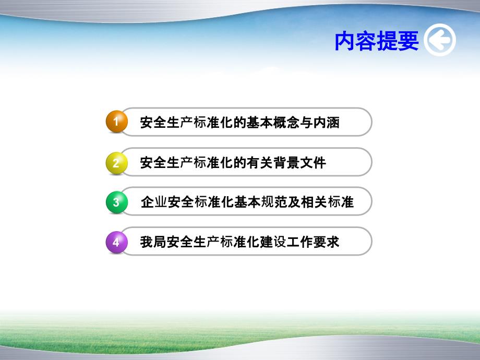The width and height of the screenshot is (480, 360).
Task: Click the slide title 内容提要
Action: tap(376, 41)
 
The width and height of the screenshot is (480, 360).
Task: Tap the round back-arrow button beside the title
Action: tap(440, 41)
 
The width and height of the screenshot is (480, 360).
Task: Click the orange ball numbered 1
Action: tap(116, 122)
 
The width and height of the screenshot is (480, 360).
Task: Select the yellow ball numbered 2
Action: tap(116, 162)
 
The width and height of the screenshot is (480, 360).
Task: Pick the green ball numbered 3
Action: tap(116, 202)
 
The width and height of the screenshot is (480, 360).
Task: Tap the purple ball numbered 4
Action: tap(116, 242)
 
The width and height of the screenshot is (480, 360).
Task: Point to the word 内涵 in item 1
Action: tap(327, 123)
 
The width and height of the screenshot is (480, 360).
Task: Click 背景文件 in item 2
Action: tap(299, 163)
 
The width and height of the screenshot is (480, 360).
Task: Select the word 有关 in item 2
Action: tap(260, 163)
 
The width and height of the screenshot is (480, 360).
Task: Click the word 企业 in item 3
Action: tap(154, 202)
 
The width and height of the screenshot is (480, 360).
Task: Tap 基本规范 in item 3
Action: tap(260, 202)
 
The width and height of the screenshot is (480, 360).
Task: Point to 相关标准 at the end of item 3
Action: tap(327, 202)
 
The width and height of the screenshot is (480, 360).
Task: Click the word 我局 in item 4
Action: tap(153, 243)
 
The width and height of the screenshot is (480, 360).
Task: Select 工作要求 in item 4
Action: tap(313, 243)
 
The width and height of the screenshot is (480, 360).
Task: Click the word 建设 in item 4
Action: tap(273, 243)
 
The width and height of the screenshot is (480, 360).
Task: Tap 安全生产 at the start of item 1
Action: tap(166, 123)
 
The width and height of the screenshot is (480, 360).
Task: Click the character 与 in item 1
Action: tap(306, 123)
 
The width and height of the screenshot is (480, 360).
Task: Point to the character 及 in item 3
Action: tap(293, 202)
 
